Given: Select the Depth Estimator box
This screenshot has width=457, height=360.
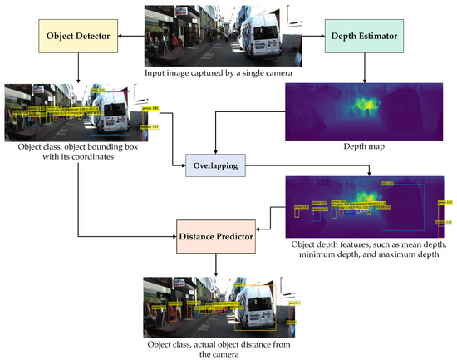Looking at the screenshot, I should click(x=362, y=37).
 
